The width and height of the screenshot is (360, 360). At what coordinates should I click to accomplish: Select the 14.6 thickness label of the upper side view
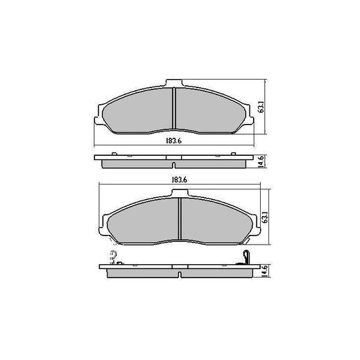[x=261, y=160]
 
